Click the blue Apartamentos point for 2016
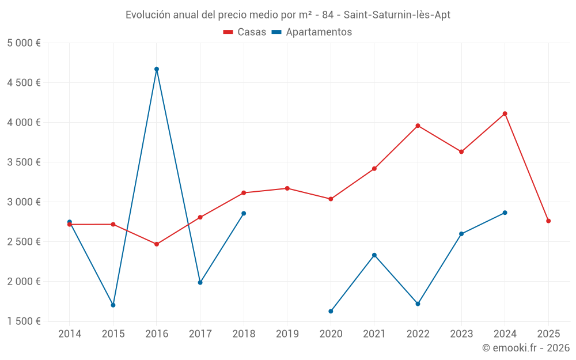pos(157,69)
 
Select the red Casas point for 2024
pos(505,113)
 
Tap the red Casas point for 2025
pos(548,221)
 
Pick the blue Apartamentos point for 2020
pos(331,311)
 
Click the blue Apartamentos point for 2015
pos(113,305)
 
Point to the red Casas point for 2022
pos(418,126)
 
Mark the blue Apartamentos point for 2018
pos(244,214)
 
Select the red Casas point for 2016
pos(157,244)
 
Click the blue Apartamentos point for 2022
pos(418,304)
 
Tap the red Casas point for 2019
pos(287,188)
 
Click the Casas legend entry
pos(245,32)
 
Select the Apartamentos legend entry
pos(312,32)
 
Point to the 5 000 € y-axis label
pos(24,43)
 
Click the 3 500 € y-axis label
pos(24,162)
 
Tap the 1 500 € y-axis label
pos(24,321)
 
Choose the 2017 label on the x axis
pos(200,334)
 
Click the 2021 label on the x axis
pos(374,334)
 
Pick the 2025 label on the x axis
pos(548,334)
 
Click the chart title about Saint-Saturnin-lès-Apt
pos(288,15)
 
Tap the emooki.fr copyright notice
pos(525,348)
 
